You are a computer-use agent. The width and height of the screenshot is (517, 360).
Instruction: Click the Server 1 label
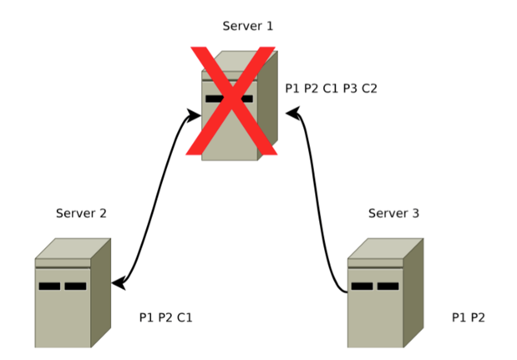click(x=247, y=26)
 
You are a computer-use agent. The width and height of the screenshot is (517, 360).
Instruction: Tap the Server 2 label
click(x=81, y=213)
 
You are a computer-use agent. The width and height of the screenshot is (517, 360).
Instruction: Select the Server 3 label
click(x=393, y=213)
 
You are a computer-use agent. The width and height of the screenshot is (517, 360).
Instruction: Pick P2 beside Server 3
click(x=477, y=317)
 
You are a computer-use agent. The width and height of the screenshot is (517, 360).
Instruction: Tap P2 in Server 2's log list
click(x=165, y=317)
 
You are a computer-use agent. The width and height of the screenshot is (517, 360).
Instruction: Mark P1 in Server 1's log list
click(x=293, y=88)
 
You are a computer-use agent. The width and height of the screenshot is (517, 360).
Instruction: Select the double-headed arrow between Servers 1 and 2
click(x=155, y=200)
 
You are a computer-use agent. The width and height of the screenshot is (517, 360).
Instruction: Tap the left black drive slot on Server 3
click(x=362, y=286)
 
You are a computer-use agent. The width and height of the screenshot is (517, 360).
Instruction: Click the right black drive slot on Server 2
click(x=76, y=286)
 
